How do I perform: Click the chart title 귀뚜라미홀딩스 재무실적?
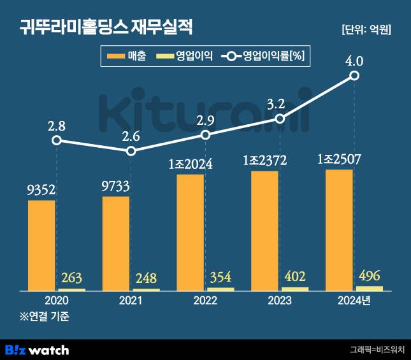pos(105,27)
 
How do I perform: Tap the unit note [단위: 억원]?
pos(366,29)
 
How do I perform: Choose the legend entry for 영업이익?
pos(185,57)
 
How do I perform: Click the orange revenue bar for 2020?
pos(41,245)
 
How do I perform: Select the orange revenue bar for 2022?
pos(190,233)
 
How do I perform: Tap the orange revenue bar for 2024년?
pos(339,230)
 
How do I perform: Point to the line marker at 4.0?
pos(354,76)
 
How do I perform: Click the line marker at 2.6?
pos(131,151)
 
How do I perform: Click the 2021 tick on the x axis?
pos(130,301)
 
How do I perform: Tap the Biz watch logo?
pos(37,350)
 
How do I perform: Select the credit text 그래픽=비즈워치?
pos(377,350)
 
